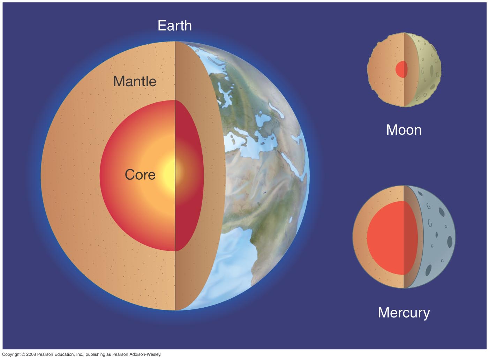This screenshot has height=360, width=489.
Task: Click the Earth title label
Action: click(175, 25)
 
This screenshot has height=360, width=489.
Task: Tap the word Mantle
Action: click(135, 81)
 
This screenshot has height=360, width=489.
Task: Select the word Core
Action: click(140, 174)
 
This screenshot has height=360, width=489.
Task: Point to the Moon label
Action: click(404, 130)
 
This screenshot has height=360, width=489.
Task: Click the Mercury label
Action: click(404, 313)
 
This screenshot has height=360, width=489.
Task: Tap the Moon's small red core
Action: click(401, 69)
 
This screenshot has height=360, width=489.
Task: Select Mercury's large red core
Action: click(392, 238)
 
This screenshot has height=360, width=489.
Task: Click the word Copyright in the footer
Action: click(11, 354)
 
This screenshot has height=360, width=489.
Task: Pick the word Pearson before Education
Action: click(44, 354)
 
